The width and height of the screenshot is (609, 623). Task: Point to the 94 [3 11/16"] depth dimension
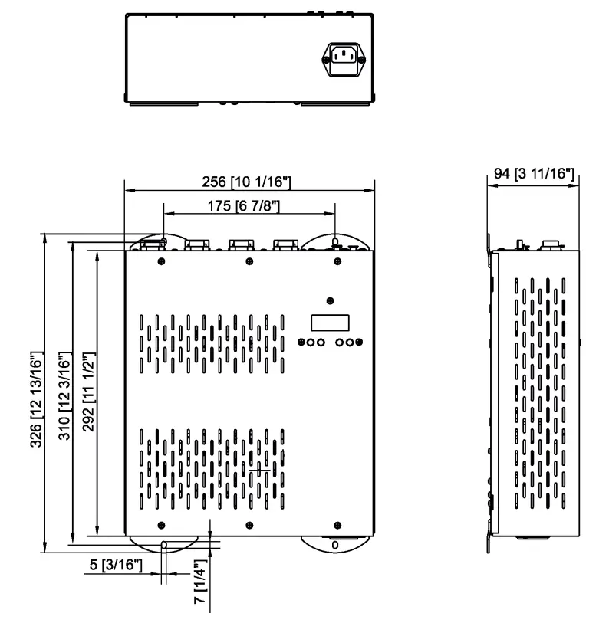(534, 175)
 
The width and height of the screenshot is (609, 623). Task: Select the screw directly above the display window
(330, 300)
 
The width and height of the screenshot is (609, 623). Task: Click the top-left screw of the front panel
(161, 262)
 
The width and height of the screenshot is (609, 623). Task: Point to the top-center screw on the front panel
(249, 262)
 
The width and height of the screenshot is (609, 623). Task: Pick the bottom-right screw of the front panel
(337, 525)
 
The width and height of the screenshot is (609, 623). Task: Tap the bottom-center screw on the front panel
(249, 525)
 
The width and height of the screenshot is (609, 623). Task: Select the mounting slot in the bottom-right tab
(334, 545)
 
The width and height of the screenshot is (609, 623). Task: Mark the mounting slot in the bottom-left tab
(163, 546)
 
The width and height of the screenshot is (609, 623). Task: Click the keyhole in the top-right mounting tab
(335, 243)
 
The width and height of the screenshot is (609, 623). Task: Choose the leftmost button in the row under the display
(301, 343)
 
